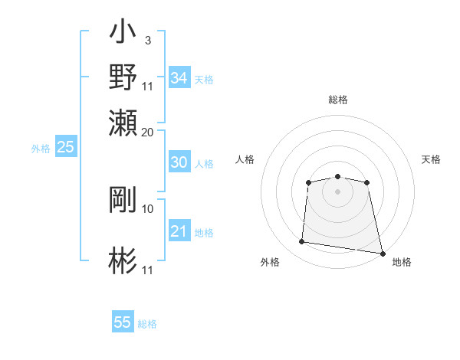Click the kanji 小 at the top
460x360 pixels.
123,33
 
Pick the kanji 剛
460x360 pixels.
123,200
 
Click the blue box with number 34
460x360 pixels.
179,77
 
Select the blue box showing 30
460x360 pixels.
179,162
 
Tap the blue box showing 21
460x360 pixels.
179,231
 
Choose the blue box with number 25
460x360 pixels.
65,147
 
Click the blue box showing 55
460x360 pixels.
123,322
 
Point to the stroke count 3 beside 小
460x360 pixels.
147,40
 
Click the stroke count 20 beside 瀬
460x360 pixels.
148,131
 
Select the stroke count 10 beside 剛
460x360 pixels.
148,208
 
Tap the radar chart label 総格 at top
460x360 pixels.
337,100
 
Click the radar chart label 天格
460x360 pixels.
431,159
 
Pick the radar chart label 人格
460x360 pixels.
245,159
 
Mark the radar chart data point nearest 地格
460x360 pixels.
383,253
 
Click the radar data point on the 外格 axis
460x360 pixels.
301,242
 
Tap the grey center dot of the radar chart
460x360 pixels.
337,191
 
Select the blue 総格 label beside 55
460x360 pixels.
147,323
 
